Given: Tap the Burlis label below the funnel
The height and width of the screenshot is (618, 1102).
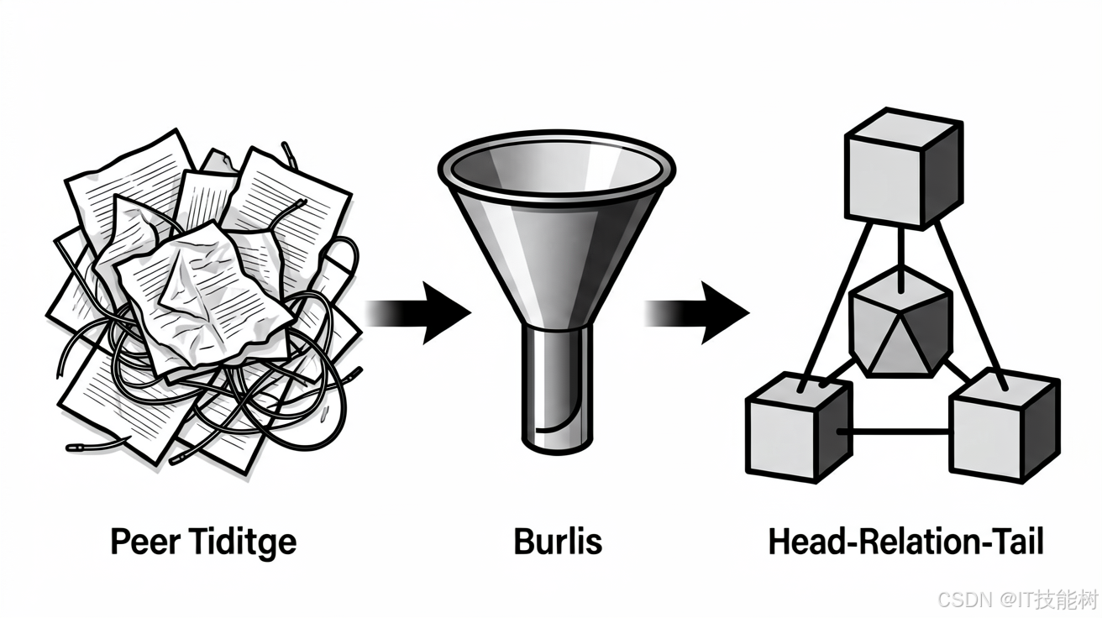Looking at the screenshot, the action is [558, 542].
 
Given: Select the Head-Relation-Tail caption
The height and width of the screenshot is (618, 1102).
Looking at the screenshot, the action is [906, 542].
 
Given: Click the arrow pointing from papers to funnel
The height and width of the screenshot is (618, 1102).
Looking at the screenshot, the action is [417, 312].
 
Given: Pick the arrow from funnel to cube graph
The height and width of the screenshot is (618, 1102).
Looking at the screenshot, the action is [696, 312].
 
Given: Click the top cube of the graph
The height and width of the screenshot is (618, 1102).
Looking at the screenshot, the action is [904, 168].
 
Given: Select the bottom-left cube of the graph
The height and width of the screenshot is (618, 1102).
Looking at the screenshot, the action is [800, 427].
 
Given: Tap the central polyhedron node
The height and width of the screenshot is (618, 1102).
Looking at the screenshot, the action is [900, 323].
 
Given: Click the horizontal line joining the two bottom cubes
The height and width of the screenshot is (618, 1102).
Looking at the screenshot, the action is [895, 432].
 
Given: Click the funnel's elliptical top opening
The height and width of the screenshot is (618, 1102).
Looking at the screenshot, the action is [556, 165].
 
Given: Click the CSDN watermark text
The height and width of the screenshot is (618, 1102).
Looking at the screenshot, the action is [1017, 600].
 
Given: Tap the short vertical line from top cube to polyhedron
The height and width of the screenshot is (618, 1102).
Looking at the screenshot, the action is [900, 259].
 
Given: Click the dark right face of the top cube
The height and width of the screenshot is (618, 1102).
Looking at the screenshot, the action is [942, 175].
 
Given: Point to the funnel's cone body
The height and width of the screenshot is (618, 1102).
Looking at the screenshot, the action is [556, 255].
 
